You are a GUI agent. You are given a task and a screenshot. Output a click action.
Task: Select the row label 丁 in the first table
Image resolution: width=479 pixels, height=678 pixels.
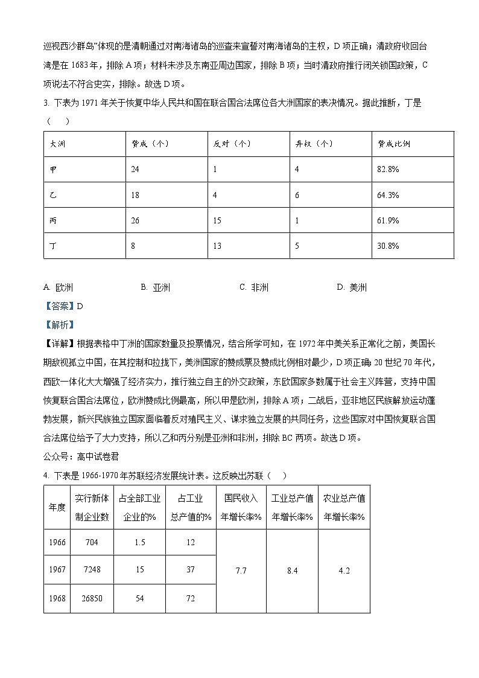53,246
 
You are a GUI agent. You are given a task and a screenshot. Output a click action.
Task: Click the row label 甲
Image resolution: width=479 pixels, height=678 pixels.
53,170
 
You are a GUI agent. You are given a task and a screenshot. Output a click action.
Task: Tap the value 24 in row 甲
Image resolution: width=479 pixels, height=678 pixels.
135,170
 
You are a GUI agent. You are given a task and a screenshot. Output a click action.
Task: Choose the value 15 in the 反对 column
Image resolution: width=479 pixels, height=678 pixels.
217,220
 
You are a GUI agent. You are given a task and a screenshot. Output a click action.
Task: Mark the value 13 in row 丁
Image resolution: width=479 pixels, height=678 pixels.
217,246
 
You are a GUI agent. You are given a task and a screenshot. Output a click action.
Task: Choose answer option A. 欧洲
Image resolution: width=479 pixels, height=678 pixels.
60,287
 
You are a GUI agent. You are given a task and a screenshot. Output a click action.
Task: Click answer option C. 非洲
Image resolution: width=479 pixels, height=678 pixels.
254,287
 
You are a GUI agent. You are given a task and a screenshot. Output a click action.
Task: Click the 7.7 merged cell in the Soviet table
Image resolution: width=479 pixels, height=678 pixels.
241,571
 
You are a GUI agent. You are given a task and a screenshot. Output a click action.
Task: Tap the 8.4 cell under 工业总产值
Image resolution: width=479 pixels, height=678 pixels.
292,571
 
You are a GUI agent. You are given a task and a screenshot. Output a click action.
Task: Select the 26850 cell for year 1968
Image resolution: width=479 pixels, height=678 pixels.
92,599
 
